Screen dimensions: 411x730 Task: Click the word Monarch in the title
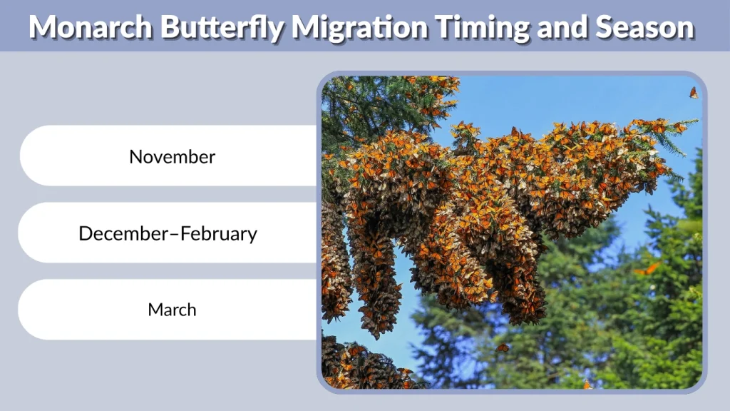click(x=91, y=27)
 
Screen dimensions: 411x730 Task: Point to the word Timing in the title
click(x=480, y=27)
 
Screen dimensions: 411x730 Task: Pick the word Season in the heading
click(x=644, y=27)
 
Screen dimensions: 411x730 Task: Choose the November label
click(x=172, y=156)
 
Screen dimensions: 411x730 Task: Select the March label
click(x=172, y=310)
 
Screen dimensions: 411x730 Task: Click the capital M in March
click(x=155, y=310)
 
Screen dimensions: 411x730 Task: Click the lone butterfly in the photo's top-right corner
click(x=693, y=93)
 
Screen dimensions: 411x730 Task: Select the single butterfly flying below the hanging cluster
click(x=503, y=347)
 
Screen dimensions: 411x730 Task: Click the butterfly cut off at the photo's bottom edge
click(x=587, y=385)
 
